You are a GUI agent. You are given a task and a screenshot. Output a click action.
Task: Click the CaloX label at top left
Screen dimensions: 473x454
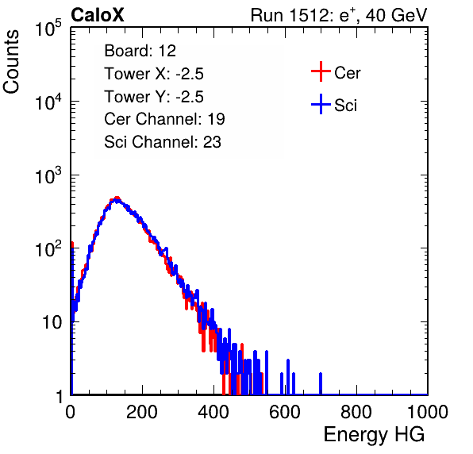coord(98,15)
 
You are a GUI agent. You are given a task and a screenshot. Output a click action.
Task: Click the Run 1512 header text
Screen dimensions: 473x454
coord(339,15)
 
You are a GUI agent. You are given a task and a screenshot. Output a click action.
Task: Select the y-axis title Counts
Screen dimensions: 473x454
coord(11,62)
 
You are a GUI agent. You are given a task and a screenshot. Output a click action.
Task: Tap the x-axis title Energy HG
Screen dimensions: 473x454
coord(374,435)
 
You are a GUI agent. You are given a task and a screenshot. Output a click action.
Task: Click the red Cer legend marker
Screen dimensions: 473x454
coord(321,71)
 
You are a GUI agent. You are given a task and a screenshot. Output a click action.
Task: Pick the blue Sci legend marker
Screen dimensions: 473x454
coord(321,104)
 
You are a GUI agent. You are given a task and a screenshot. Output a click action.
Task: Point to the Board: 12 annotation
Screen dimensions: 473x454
coord(140,51)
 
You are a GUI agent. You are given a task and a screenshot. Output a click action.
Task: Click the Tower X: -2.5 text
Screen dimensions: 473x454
coord(154,74)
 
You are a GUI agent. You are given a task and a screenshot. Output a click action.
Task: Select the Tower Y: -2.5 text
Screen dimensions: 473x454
coord(154,97)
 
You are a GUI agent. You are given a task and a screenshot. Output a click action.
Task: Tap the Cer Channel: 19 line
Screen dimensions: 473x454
coord(164,119)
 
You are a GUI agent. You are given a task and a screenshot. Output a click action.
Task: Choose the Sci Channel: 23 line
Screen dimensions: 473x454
coord(163,142)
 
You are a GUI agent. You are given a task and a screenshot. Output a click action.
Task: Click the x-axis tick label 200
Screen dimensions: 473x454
coord(142,412)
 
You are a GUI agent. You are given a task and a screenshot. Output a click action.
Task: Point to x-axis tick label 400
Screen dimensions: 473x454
coord(213,412)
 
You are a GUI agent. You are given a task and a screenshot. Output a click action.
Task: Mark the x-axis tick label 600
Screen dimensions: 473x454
coord(285,412)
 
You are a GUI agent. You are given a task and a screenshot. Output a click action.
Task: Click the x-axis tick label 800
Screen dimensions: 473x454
coord(356,412)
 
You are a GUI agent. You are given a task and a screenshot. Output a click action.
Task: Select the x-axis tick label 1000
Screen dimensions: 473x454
coord(428,412)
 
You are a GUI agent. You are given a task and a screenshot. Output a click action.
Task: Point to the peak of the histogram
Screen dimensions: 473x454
coord(117,199)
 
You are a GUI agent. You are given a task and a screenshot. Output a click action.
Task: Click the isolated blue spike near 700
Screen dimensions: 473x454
coord(321,383)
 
